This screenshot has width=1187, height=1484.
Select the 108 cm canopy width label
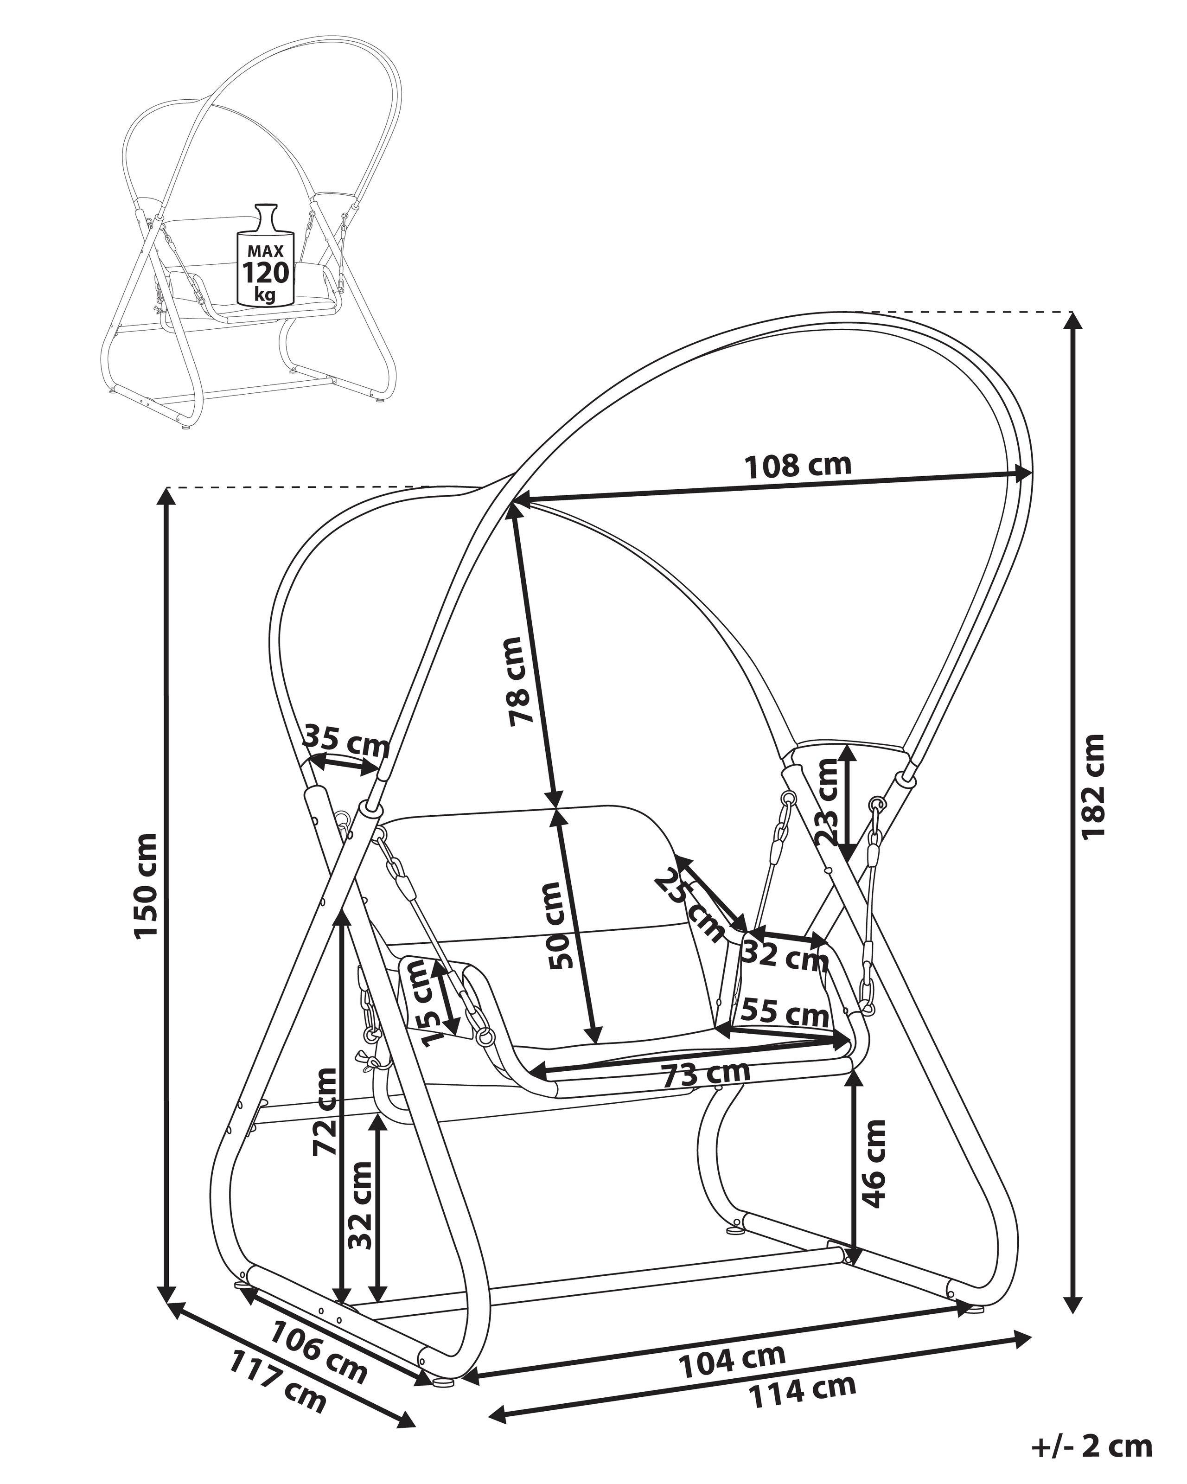pos(798,466)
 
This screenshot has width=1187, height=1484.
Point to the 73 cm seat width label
pos(705,1092)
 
